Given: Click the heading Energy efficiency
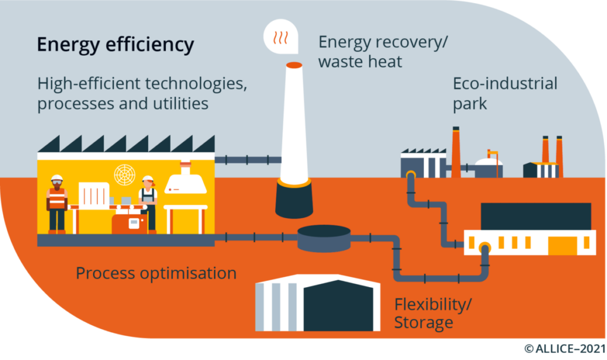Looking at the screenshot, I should [116, 45].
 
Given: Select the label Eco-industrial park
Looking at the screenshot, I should [505, 93].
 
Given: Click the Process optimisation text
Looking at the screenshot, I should [156, 273].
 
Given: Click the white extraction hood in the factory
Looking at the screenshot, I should [186, 181].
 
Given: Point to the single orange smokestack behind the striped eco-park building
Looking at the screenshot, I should [456, 152].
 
